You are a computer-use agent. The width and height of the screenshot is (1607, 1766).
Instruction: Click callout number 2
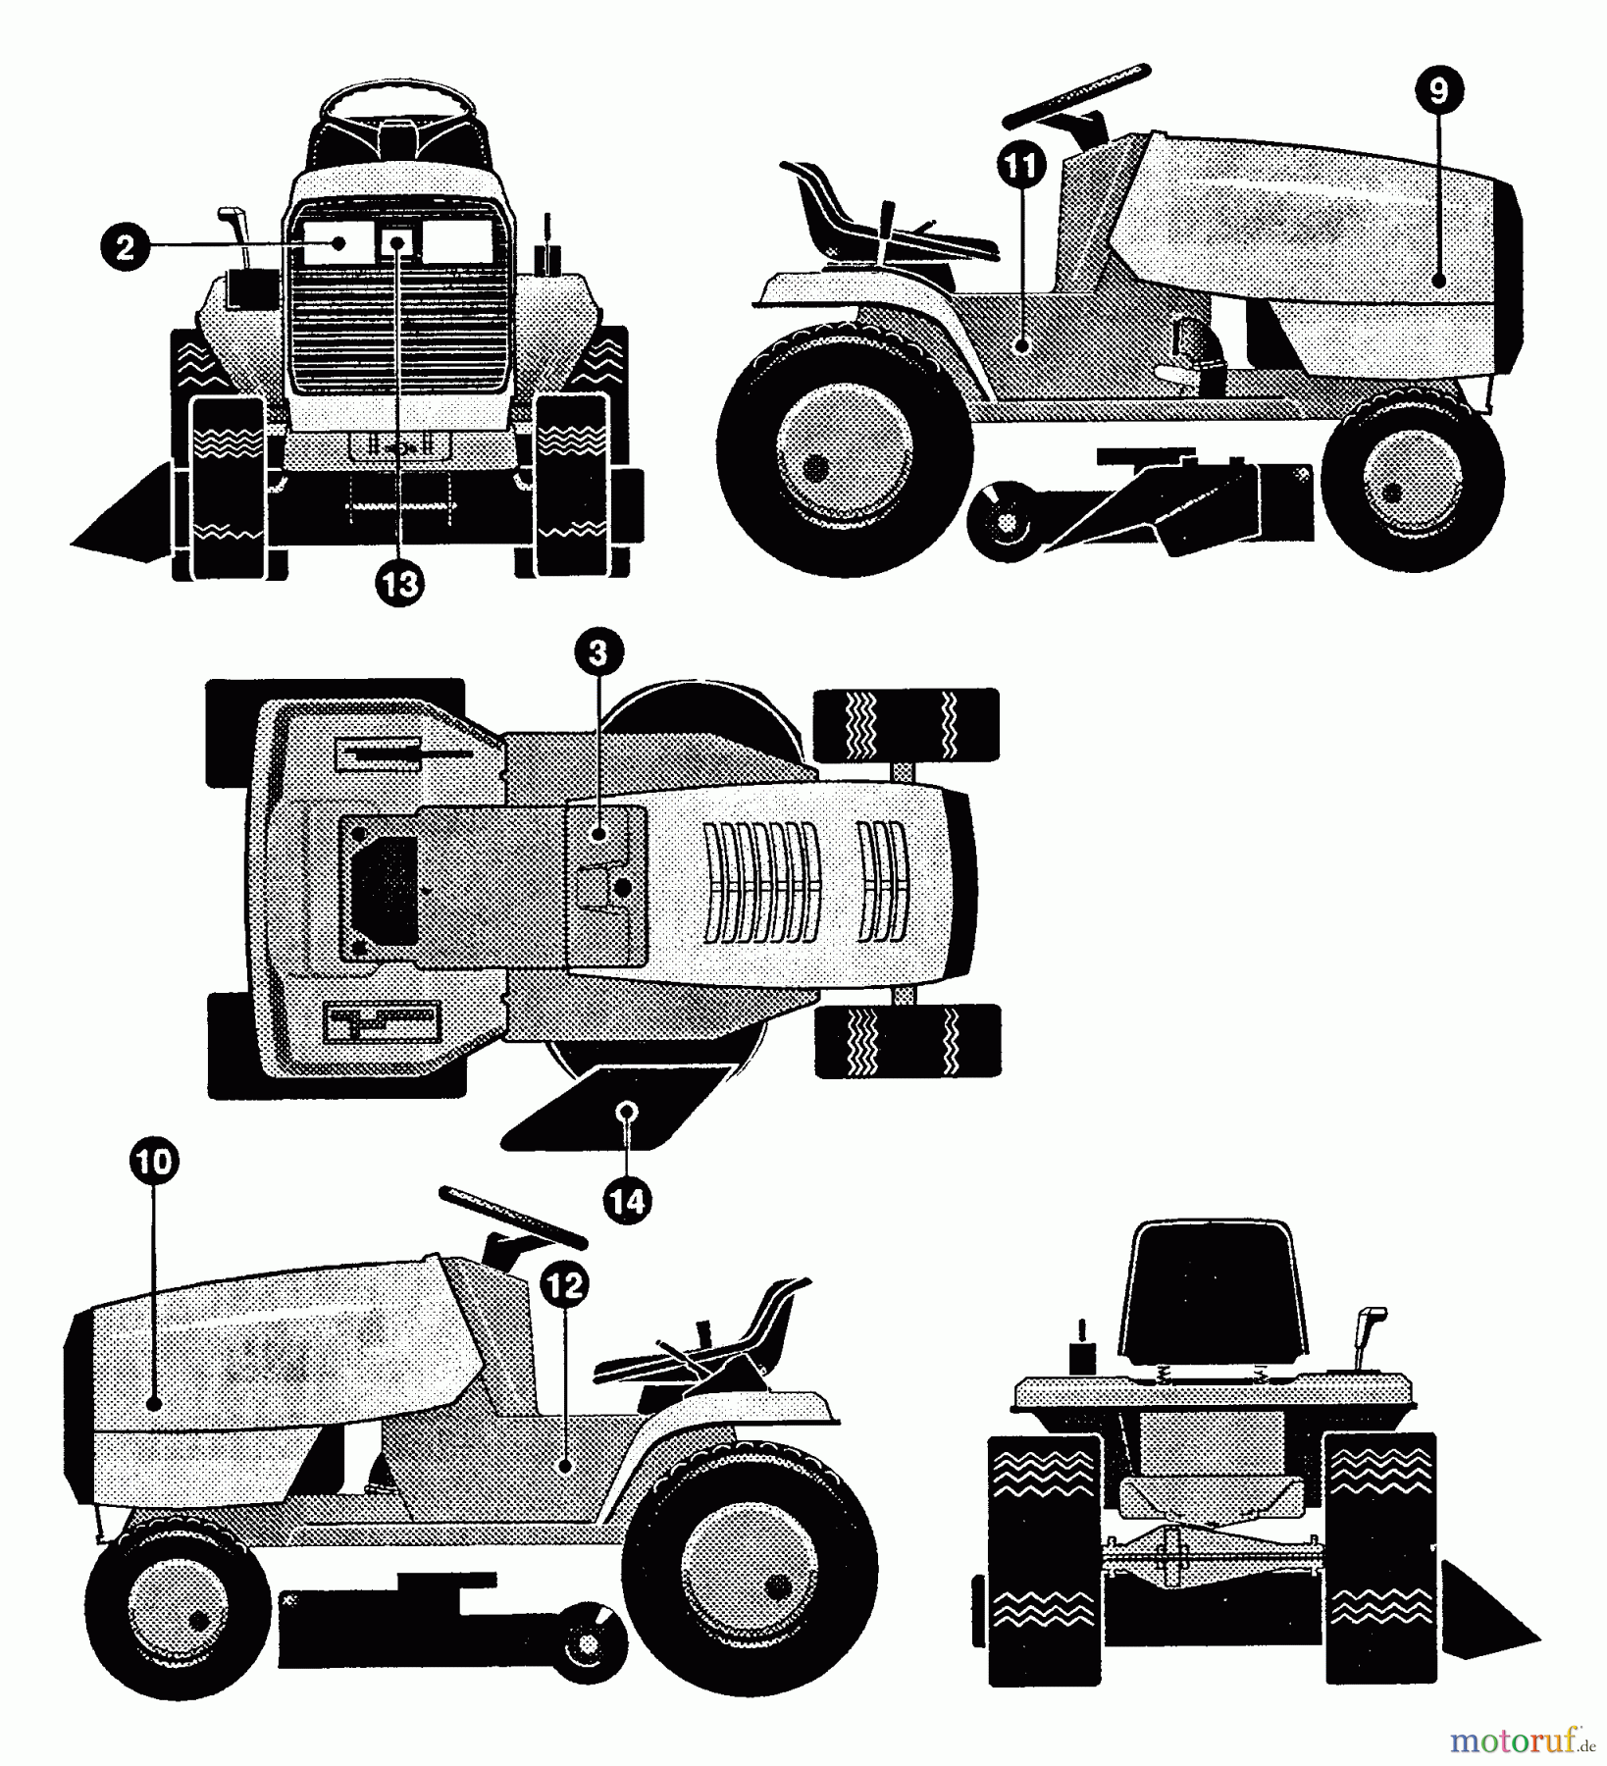tap(125, 247)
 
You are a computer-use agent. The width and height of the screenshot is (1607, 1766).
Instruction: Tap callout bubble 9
tap(1438, 91)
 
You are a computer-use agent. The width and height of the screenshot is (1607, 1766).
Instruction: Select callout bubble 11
tap(1021, 167)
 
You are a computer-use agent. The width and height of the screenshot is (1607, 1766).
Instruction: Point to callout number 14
tap(628, 1200)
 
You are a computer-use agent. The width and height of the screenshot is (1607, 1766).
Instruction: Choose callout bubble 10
tap(154, 1163)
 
